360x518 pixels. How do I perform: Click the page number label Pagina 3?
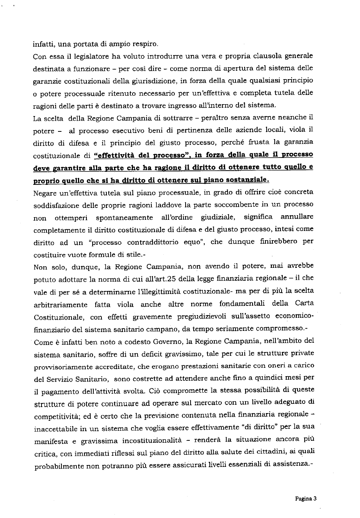305,499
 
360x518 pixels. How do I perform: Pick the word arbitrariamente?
60,304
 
